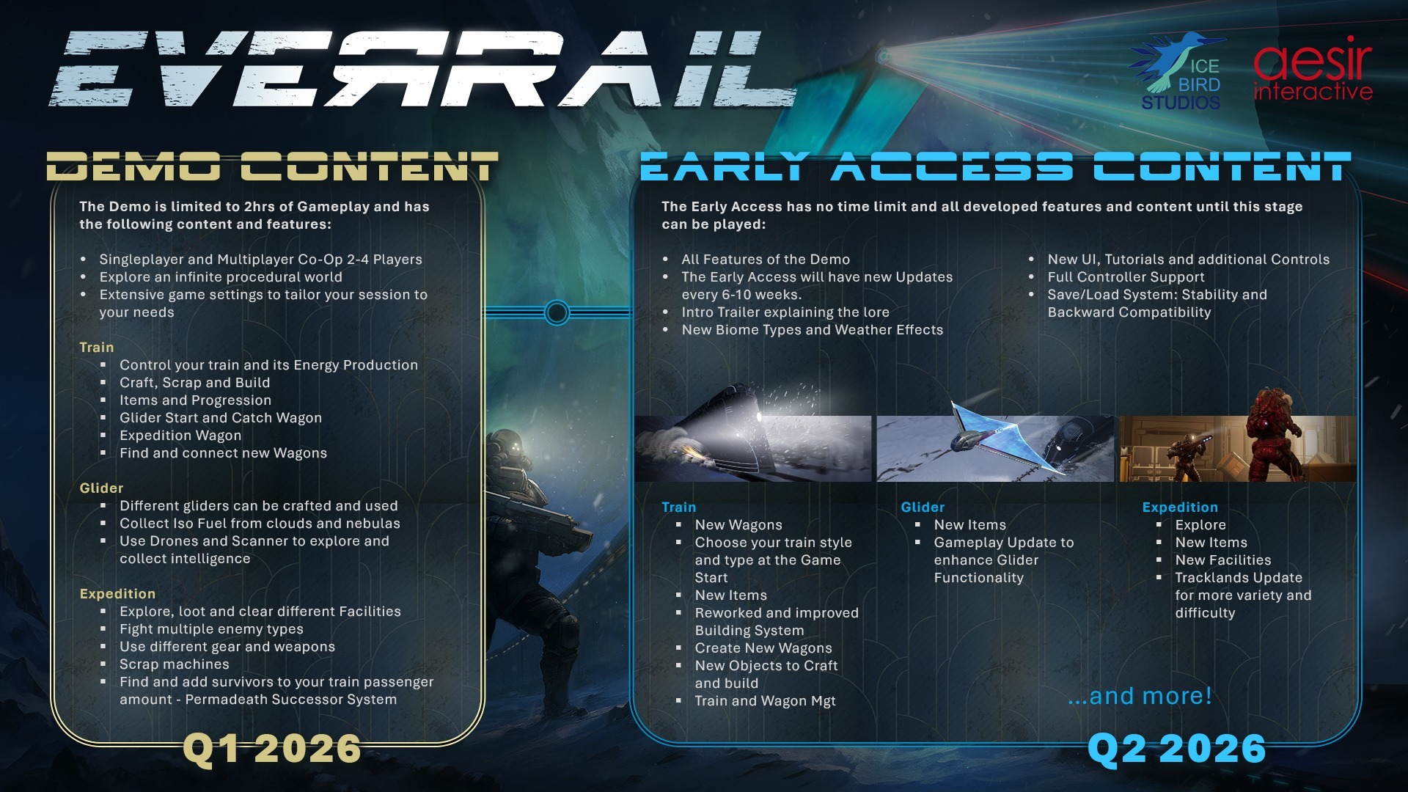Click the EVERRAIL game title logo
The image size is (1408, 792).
423,70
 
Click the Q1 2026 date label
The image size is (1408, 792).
272,749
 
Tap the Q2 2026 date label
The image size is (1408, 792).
1176,749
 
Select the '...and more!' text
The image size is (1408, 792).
1140,695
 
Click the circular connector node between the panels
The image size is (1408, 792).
557,313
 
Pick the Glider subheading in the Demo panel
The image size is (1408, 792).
101,488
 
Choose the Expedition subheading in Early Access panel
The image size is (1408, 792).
1180,507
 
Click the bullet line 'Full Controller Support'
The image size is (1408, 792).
1126,277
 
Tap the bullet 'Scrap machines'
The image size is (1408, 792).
175,664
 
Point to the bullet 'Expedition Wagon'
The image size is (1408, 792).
180,436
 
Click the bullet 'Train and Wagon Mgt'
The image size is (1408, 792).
765,701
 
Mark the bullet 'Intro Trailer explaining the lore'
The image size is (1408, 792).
785,312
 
